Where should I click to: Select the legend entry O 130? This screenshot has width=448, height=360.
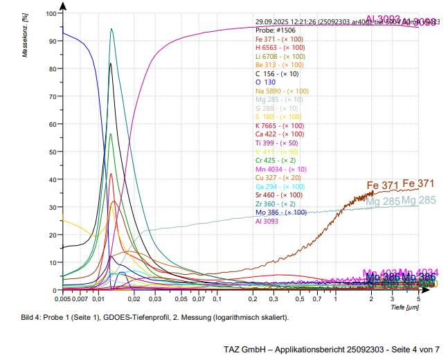tap(265, 82)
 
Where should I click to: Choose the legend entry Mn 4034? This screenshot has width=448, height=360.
tap(281, 169)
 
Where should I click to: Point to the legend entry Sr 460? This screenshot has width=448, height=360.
tap(280, 195)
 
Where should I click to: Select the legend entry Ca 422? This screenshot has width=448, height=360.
tap(280, 134)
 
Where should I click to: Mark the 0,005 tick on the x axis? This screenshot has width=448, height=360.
tap(62, 299)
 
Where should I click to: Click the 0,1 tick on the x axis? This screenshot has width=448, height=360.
tap(217, 299)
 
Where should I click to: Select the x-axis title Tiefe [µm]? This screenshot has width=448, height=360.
tap(404, 307)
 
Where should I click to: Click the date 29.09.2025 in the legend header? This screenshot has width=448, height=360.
tap(274, 21)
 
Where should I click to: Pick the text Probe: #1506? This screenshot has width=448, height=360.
tap(275, 30)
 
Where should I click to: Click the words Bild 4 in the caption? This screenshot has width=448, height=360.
tap(32, 317)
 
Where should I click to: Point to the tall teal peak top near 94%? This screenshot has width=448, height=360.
tap(111, 29)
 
